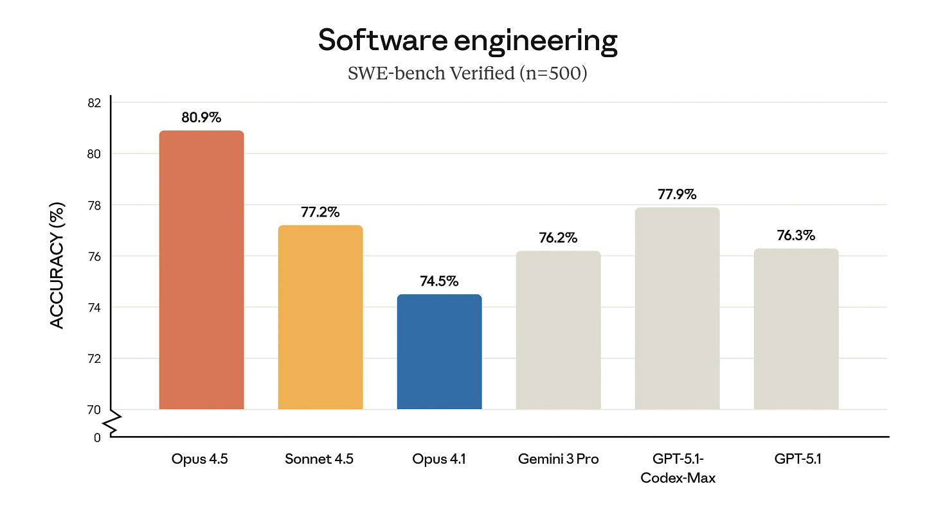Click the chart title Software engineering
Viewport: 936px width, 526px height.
coord(467,41)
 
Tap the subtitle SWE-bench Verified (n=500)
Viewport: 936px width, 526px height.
coord(467,73)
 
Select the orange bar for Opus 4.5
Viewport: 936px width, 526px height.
coord(201,270)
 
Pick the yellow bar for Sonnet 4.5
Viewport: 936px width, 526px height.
coord(320,317)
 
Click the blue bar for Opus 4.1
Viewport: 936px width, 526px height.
coord(439,352)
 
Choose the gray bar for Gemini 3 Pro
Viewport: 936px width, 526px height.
coord(558,330)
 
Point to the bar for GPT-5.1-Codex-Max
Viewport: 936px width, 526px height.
coord(677,308)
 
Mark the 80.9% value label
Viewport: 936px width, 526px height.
coord(201,118)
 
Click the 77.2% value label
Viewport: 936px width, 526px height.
coord(320,212)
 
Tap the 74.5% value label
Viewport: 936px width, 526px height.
coord(439,281)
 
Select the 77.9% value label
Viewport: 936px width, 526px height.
coord(677,194)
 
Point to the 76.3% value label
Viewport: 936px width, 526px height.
coord(796,235)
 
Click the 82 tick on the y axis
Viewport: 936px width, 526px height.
coord(94,103)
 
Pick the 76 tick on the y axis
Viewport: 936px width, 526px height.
coord(94,256)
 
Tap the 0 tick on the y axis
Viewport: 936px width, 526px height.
coord(97,437)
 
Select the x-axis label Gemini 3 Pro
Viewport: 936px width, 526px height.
coord(558,459)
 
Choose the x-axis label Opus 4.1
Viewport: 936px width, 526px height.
coord(439,459)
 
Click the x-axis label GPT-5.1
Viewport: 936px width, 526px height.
coord(796,459)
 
